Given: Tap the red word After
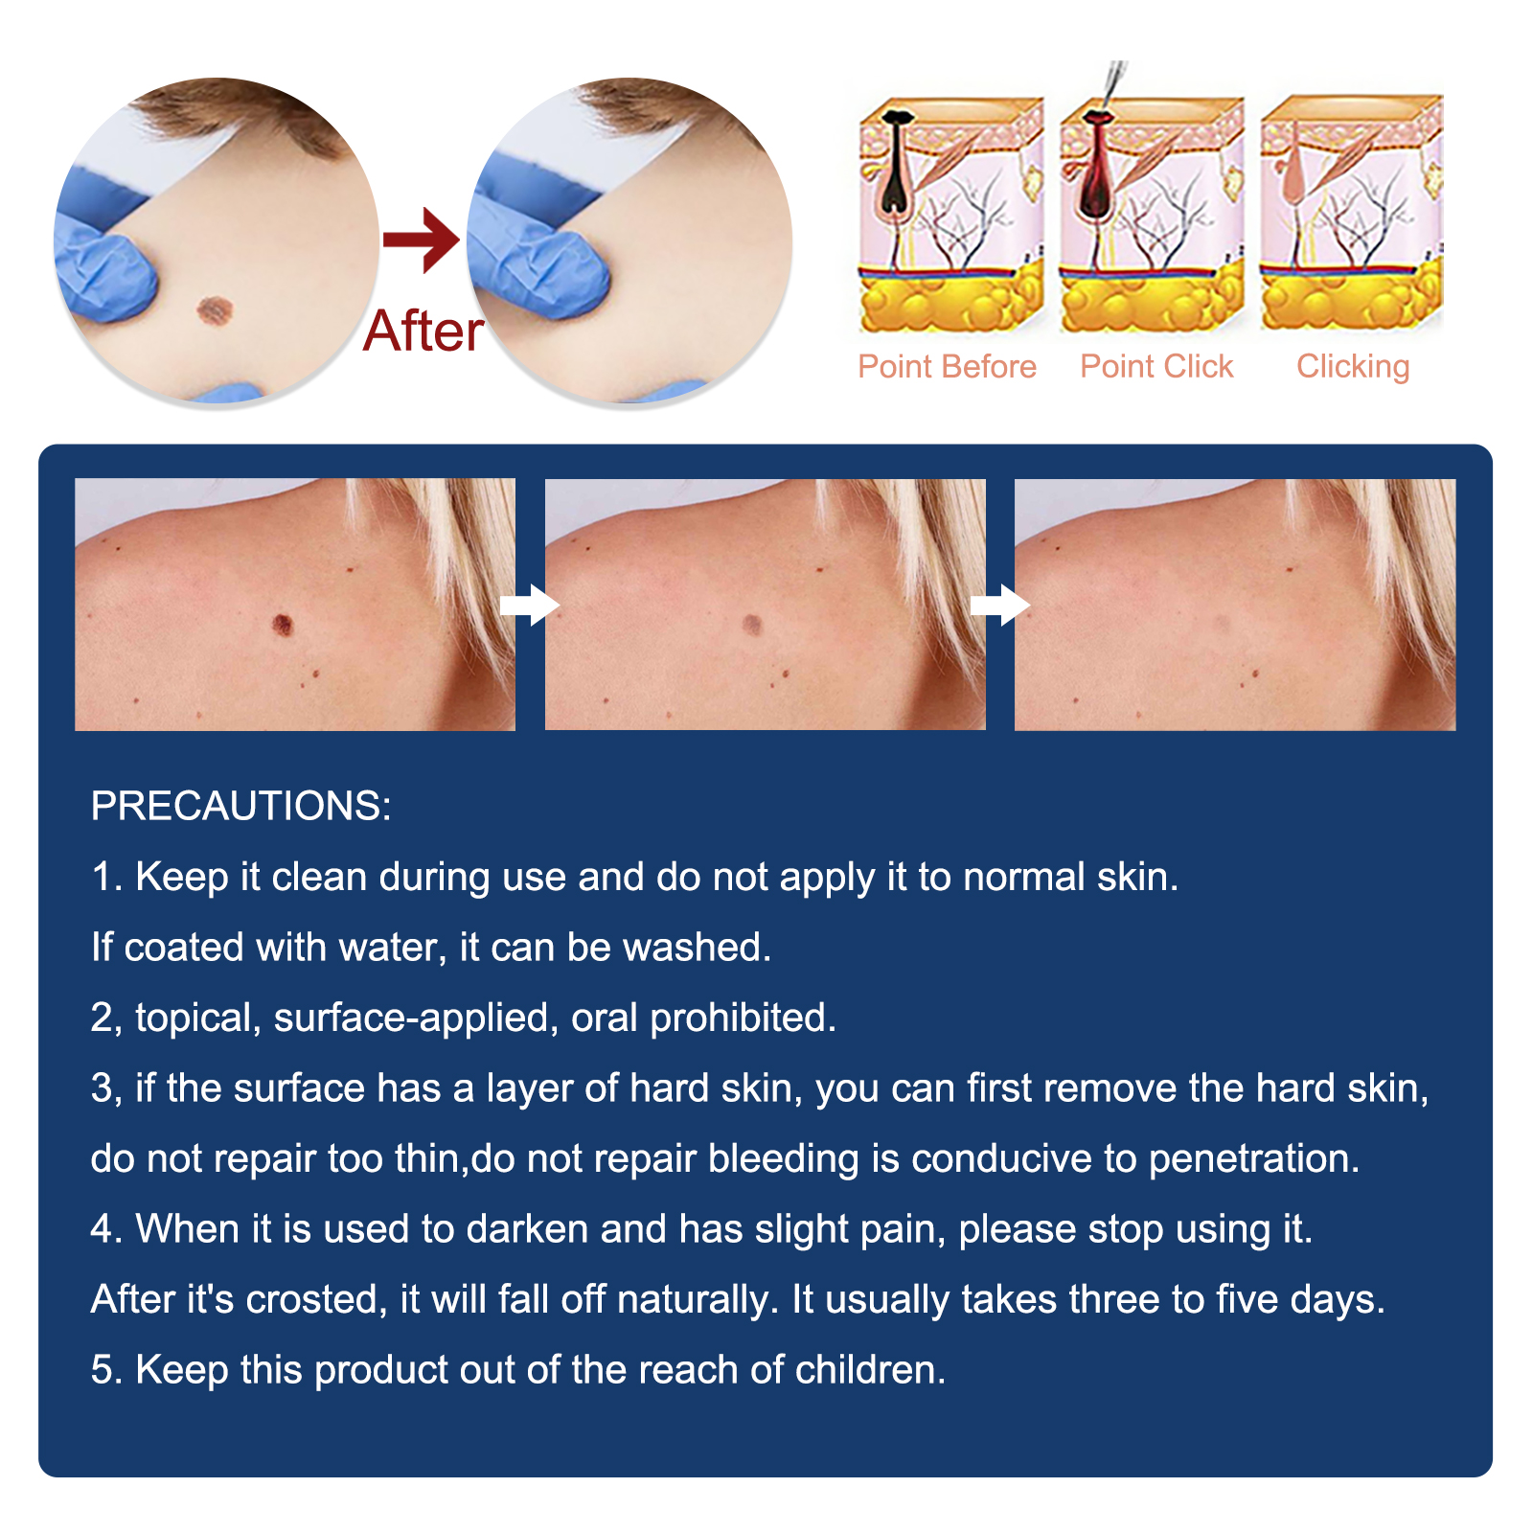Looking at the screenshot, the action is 423,332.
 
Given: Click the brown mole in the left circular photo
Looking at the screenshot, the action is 215,309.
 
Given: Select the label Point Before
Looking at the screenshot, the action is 947,366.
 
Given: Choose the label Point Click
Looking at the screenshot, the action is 1156,366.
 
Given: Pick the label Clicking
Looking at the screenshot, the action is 1353,367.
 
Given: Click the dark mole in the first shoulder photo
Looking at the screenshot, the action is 283,625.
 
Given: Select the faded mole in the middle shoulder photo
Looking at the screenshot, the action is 752,625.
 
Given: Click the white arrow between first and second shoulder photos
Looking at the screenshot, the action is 530,605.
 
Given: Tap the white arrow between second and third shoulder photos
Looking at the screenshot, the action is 999,605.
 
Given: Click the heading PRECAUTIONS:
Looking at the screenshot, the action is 241,806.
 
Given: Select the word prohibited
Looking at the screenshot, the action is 743,1018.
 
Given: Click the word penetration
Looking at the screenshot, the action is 1254,1159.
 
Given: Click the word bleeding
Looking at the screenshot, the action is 784,1159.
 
